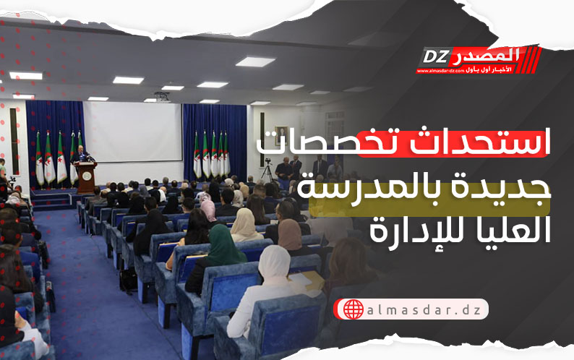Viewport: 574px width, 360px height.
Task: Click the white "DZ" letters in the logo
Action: tap(436, 56)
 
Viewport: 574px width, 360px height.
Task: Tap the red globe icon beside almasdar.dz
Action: tap(354, 309)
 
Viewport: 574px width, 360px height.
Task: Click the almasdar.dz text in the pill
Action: tap(424, 310)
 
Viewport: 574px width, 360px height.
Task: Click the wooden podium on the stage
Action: tap(87, 178)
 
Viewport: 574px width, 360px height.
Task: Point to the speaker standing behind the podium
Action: tap(80, 155)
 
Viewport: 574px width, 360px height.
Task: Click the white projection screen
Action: tap(132, 132)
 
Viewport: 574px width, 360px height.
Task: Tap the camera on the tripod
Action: tap(268, 161)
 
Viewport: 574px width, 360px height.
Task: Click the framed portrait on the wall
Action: tap(281, 135)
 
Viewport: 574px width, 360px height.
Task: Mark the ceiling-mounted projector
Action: tap(162, 97)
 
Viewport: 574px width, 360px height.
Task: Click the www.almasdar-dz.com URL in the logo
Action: tap(440, 71)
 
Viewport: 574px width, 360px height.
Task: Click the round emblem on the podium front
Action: tap(87, 176)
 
